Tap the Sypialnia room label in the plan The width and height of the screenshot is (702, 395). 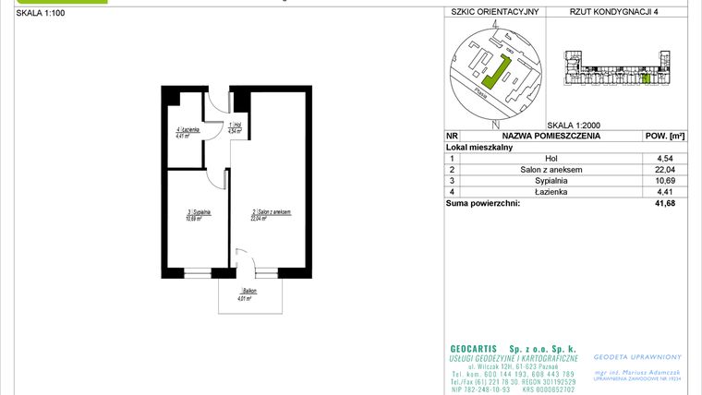(200, 215)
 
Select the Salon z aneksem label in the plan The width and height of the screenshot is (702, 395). (271, 214)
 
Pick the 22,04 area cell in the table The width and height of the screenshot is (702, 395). (659, 170)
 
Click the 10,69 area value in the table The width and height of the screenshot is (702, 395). (659, 181)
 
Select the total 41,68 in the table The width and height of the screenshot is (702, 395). (659, 203)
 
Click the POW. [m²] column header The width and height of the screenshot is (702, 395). (664, 136)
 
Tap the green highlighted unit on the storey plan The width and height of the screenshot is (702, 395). (646, 80)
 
